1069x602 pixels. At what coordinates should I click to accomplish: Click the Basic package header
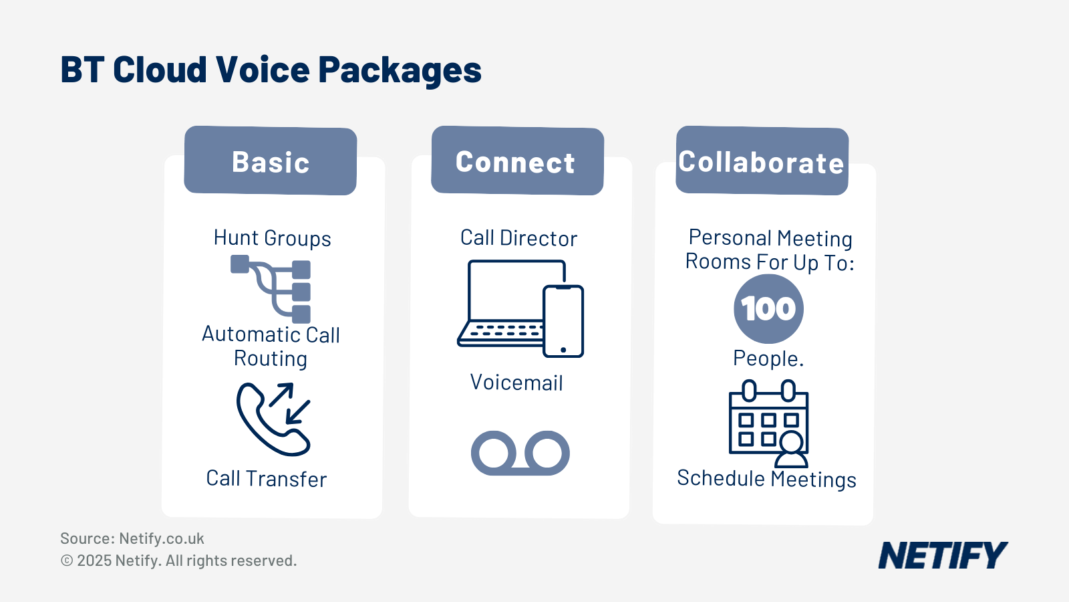(x=271, y=161)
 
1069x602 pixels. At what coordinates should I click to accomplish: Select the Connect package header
(x=517, y=161)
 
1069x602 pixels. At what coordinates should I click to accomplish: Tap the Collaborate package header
(x=762, y=161)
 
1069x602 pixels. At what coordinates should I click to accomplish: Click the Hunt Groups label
(x=272, y=238)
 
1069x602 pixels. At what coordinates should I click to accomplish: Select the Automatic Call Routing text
(x=271, y=346)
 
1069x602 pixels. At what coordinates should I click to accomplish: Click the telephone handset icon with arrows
(x=273, y=419)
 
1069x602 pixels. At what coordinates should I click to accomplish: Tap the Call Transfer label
(x=267, y=479)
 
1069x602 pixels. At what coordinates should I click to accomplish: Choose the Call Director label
(x=518, y=238)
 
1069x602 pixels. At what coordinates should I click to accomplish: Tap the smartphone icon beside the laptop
(x=563, y=321)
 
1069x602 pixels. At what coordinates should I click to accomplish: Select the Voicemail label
(x=516, y=383)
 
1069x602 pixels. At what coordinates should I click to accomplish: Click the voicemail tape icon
(x=520, y=453)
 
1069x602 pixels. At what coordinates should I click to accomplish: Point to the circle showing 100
(x=768, y=309)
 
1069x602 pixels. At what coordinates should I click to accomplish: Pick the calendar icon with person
(x=768, y=423)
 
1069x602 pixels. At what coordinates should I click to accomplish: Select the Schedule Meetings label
(x=766, y=479)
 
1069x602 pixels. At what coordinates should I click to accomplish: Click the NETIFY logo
(x=943, y=555)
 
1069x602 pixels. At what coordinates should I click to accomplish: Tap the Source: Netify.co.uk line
(x=132, y=538)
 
